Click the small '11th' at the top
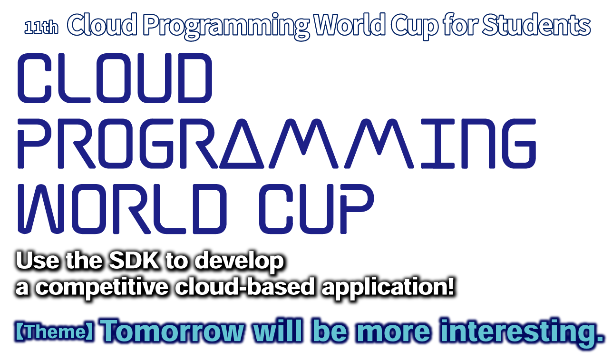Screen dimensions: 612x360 point(41,28)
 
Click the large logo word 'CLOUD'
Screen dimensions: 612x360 point(115,78)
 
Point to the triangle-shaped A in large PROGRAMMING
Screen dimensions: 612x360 point(242,144)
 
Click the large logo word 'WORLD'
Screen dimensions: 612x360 point(122,209)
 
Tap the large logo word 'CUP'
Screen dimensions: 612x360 point(316,209)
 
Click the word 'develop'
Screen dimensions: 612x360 point(239,262)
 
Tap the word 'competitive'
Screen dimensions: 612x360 point(102,288)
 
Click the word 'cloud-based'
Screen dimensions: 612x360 point(244,286)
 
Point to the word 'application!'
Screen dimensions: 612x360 point(388,288)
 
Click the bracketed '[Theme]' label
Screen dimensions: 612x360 point(55,331)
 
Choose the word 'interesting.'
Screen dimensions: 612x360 point(521,331)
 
